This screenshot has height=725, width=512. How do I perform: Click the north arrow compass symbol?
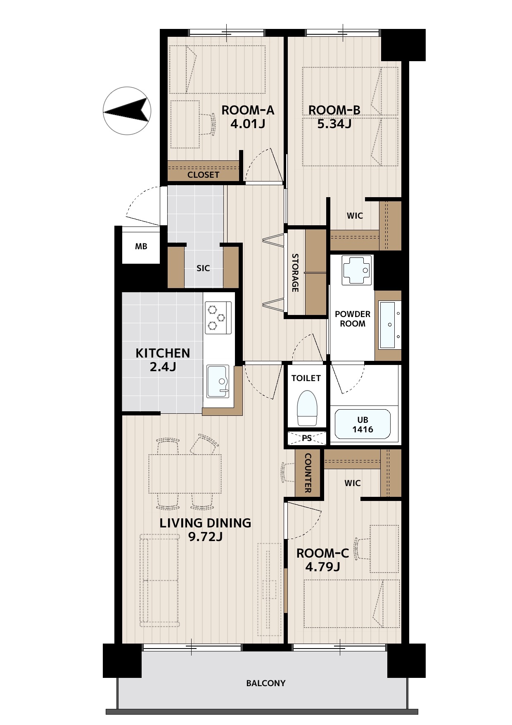point(127,111)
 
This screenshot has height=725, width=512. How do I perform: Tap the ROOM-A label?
point(248,110)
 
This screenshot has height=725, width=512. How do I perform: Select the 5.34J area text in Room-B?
point(334,124)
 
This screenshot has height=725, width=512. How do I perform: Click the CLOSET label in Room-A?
point(203,175)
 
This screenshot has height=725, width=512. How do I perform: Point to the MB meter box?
point(141,246)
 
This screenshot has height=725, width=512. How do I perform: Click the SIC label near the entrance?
point(203,268)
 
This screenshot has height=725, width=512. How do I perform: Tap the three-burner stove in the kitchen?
point(218,317)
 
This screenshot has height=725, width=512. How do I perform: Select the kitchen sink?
point(218,381)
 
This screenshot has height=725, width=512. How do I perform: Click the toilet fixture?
point(306,408)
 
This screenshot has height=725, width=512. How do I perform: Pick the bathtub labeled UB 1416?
point(363,424)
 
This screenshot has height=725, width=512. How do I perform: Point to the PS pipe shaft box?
point(307,438)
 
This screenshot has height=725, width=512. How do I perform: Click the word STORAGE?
point(295,273)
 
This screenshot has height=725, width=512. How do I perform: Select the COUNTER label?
point(308,473)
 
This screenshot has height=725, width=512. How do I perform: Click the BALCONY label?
point(266,683)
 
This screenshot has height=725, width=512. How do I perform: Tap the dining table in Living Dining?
point(185,474)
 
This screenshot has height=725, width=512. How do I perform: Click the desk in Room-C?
point(384,549)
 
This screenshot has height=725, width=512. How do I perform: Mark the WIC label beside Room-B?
point(355,216)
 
